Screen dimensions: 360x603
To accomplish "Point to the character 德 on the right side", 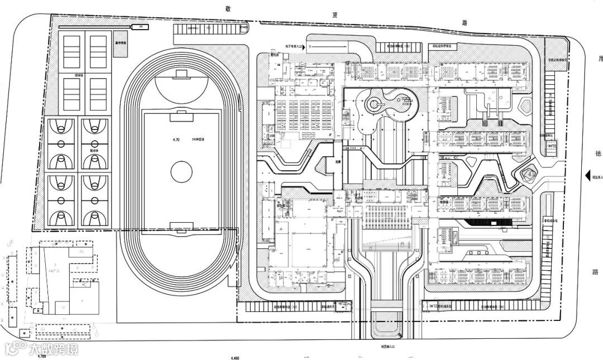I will click(x=596, y=156).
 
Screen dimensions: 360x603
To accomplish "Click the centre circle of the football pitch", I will click(x=181, y=171).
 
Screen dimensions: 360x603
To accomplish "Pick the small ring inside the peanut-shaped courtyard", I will click(x=374, y=103).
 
